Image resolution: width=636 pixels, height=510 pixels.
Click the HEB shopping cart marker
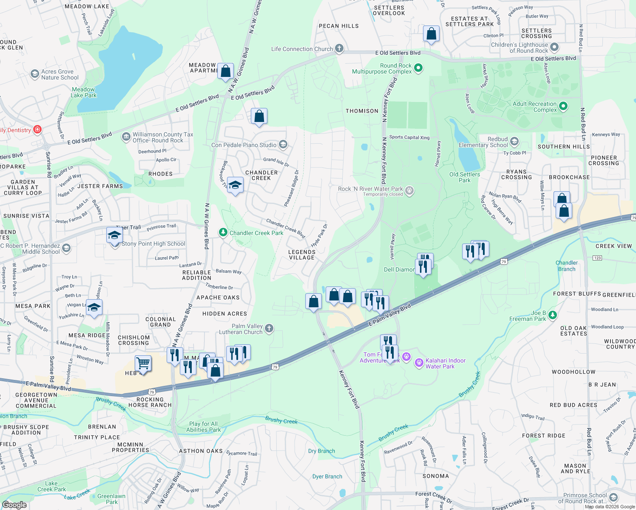(143, 364)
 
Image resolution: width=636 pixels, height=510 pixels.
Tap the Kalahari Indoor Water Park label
(446, 363)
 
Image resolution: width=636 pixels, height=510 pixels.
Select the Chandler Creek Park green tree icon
(223, 232)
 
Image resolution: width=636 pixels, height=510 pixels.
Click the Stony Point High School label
(153, 244)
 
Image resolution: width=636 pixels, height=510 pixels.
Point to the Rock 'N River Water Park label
(370, 189)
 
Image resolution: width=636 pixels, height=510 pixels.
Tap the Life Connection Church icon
(339, 48)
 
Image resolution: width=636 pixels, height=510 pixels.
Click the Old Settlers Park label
(465, 177)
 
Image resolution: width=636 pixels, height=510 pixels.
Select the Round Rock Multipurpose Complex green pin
(418, 68)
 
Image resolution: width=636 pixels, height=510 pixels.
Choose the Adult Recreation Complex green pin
(563, 106)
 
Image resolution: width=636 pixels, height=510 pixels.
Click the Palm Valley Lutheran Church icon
(269, 328)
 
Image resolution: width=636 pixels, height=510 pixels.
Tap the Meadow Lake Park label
(83, 92)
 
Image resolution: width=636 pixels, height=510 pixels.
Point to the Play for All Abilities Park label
(203, 427)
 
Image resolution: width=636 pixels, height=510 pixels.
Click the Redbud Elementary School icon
(514, 141)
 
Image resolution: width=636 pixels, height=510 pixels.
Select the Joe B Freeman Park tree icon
(552, 315)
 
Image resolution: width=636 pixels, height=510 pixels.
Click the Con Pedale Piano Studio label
(244, 145)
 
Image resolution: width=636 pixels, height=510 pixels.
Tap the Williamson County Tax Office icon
(126, 136)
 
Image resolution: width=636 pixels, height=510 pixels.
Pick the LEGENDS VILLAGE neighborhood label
(302, 255)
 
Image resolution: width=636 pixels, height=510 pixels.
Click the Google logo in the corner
(14, 504)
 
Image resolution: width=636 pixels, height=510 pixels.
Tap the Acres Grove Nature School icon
(35, 74)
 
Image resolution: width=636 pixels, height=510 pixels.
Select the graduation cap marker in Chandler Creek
(235, 185)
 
